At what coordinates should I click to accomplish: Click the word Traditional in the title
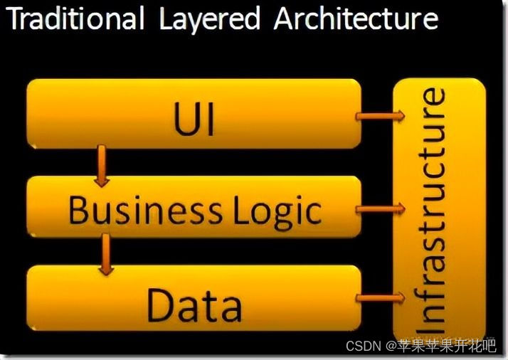click(75, 19)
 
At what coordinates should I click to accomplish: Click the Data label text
click(194, 305)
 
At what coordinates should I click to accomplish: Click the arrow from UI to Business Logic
click(102, 166)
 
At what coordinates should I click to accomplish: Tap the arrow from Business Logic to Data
click(107, 255)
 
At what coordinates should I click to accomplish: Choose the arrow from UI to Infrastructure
click(381, 115)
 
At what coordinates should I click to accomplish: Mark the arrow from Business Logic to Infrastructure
click(381, 208)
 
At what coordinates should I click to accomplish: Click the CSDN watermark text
click(363, 346)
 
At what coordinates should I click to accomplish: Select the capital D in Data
click(160, 305)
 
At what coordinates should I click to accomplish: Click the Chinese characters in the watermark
click(447, 346)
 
